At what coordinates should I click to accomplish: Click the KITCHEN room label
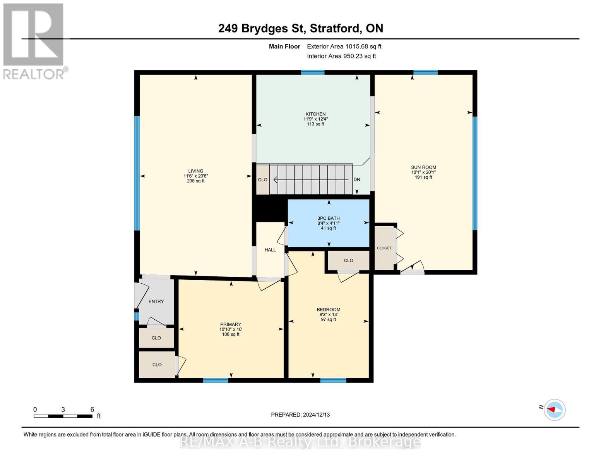[315, 114]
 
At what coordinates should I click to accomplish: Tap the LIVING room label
[195, 171]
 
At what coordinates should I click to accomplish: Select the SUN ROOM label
[423, 167]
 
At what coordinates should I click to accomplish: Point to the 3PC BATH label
[328, 218]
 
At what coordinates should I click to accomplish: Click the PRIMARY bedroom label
[231, 324]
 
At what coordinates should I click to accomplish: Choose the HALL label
[270, 250]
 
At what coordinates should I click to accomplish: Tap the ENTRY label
[156, 301]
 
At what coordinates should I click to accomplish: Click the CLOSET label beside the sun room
[384, 248]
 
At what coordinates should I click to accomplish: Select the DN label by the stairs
[357, 179]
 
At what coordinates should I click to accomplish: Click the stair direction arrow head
[275, 180]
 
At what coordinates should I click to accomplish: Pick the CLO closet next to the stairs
[263, 180]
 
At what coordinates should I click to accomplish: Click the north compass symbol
[555, 410]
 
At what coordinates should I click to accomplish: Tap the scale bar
[63, 416]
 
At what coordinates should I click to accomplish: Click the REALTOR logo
[34, 41]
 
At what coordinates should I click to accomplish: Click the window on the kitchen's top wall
[313, 72]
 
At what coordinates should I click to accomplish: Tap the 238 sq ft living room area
[195, 181]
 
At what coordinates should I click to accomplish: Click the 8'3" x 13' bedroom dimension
[328, 315]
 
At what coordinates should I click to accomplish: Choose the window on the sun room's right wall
[475, 173]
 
